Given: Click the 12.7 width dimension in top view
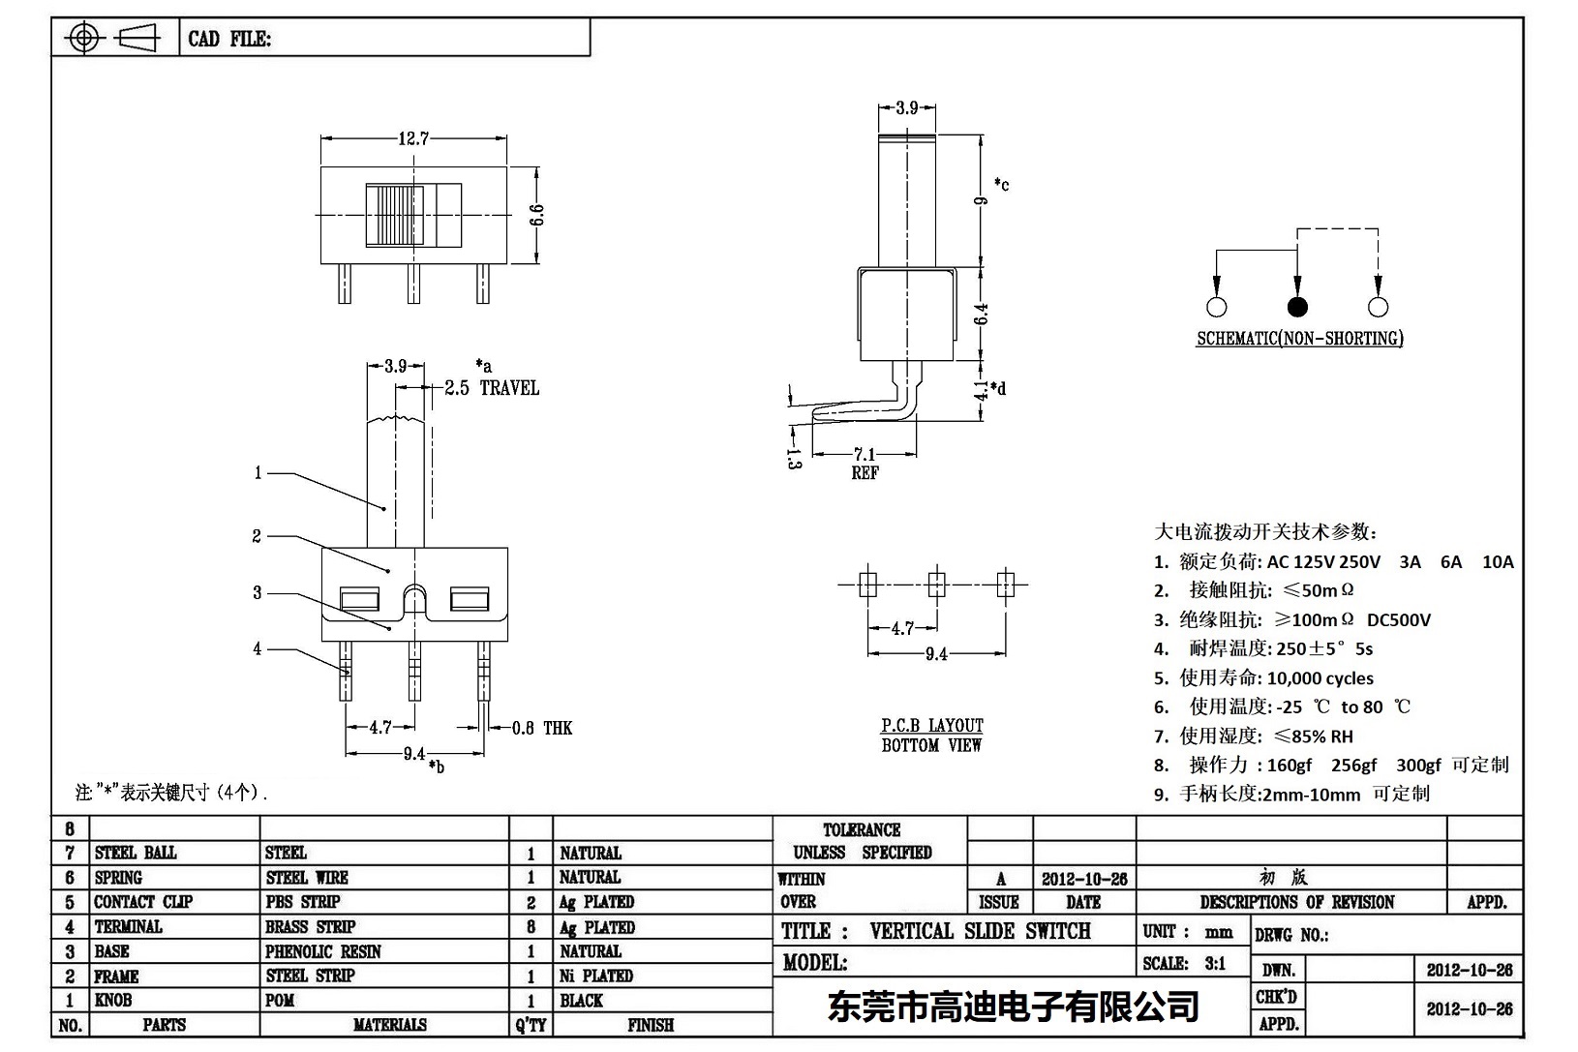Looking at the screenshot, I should pos(413,138).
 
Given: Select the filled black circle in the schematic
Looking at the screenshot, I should pos(1297,308).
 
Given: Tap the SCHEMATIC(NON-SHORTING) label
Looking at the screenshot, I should pos(1299,339).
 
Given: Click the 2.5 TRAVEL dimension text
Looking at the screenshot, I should pos(491,388).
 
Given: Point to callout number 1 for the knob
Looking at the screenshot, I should pos(258,473).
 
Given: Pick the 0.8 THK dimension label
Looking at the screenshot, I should pos(542,728).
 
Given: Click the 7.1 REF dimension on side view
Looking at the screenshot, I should pos(865,456).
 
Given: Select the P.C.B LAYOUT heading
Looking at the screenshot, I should pos(931,726).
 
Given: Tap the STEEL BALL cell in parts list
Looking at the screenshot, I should pos(136,853).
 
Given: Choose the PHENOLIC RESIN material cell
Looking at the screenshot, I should pos(322,951).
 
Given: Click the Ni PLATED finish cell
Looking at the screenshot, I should pos(596,976).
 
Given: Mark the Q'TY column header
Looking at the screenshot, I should pos(531,1025).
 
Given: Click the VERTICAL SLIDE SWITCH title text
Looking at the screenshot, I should pos(980,931).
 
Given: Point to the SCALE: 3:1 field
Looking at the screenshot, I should pos(1184,963).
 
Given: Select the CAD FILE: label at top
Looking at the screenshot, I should pos(229,39).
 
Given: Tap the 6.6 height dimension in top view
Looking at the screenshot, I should pos(537,215).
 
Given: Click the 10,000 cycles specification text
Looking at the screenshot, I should pos(1320,678).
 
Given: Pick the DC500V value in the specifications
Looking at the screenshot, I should pos(1398,620).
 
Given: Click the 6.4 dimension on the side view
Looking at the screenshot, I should pos(982,314).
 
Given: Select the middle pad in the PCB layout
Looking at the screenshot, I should pos(936,585).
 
